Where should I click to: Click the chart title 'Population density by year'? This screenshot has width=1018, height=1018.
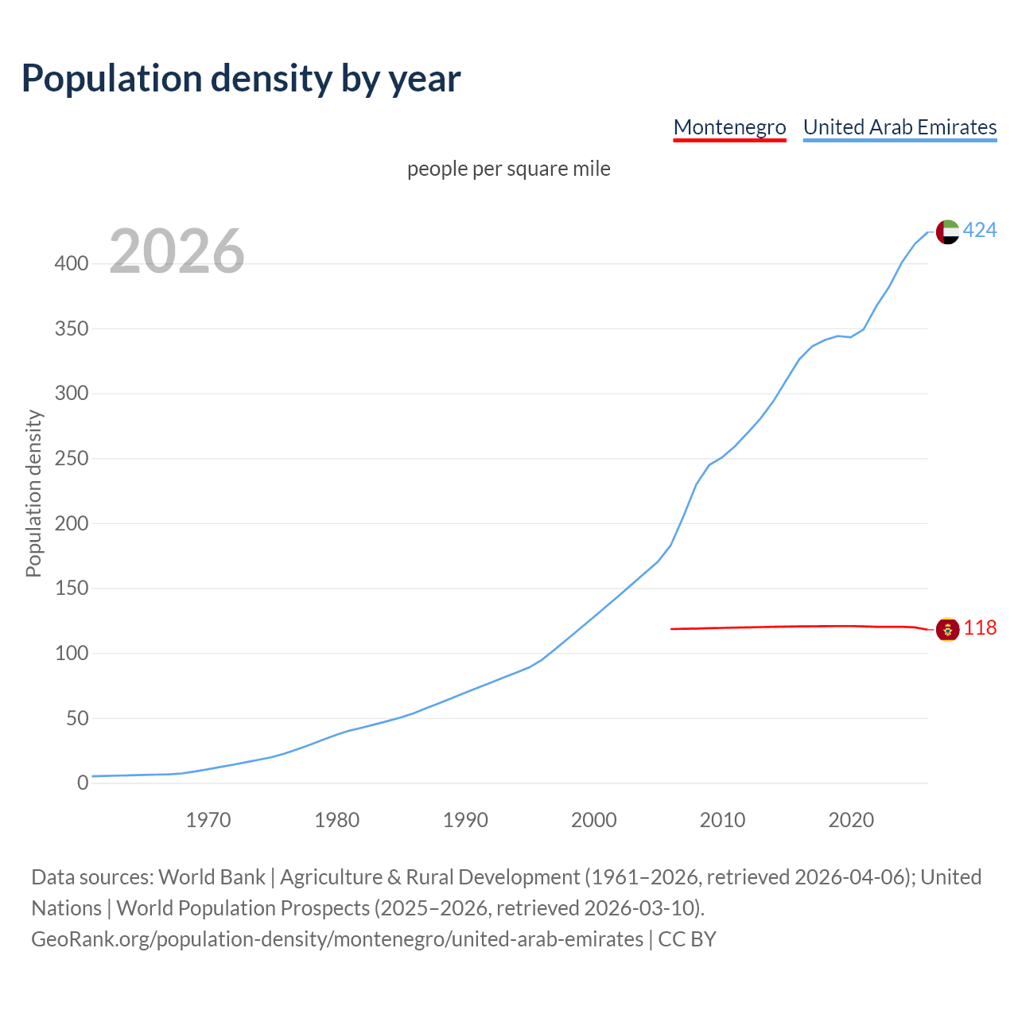[x=241, y=78]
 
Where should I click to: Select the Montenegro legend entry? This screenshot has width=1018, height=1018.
[x=729, y=127]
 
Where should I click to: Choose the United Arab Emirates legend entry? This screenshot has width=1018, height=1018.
[x=899, y=127]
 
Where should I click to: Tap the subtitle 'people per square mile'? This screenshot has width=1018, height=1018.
[x=508, y=169]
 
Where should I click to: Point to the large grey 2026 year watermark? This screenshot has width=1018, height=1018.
[x=177, y=251]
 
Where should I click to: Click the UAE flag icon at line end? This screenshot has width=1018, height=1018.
[x=947, y=231]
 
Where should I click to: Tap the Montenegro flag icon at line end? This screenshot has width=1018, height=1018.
[x=947, y=629]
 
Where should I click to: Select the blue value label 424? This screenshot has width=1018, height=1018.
[x=980, y=231]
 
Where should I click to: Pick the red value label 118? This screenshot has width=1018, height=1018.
[x=980, y=628]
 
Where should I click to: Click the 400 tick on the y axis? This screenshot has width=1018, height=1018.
[x=72, y=263]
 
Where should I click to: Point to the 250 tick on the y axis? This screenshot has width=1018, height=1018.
[x=72, y=459]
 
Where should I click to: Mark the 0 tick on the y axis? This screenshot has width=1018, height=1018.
[x=83, y=783]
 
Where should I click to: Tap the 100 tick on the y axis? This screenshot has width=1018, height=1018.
[x=72, y=654]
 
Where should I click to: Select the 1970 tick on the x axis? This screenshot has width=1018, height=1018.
[x=208, y=820]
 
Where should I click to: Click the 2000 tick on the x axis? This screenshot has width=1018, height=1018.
[x=594, y=820]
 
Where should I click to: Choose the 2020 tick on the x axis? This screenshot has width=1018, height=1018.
[x=851, y=820]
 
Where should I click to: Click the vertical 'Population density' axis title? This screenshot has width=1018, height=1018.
[x=33, y=493]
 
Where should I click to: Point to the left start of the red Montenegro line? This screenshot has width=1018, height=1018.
[x=673, y=629]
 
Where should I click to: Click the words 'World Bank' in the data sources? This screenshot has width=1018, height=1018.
[x=212, y=877]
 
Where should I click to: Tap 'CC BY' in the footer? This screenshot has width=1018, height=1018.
[x=687, y=939]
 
